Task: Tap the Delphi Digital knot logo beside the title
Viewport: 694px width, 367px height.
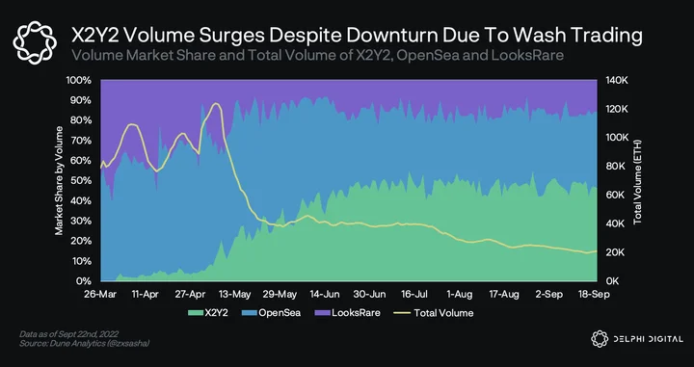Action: pos(35,43)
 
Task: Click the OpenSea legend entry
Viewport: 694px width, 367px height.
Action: pos(271,313)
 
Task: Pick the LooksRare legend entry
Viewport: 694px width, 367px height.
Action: pos(347,313)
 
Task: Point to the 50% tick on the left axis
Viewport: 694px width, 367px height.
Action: pos(82,180)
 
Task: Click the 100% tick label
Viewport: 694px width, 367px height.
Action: pos(80,80)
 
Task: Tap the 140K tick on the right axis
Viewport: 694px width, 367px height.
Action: pos(615,80)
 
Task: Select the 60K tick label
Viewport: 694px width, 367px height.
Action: pos(614,195)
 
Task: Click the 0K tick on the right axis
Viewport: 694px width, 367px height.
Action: pos(612,281)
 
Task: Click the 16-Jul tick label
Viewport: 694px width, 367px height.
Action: pos(414,295)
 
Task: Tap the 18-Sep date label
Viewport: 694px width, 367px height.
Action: pos(595,295)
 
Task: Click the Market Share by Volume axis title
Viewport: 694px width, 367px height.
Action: pos(59,180)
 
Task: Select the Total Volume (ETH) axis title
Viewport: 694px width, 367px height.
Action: pos(638,182)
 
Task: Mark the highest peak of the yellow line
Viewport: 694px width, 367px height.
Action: pos(216,103)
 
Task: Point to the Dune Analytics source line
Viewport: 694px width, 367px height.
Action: pos(85,343)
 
